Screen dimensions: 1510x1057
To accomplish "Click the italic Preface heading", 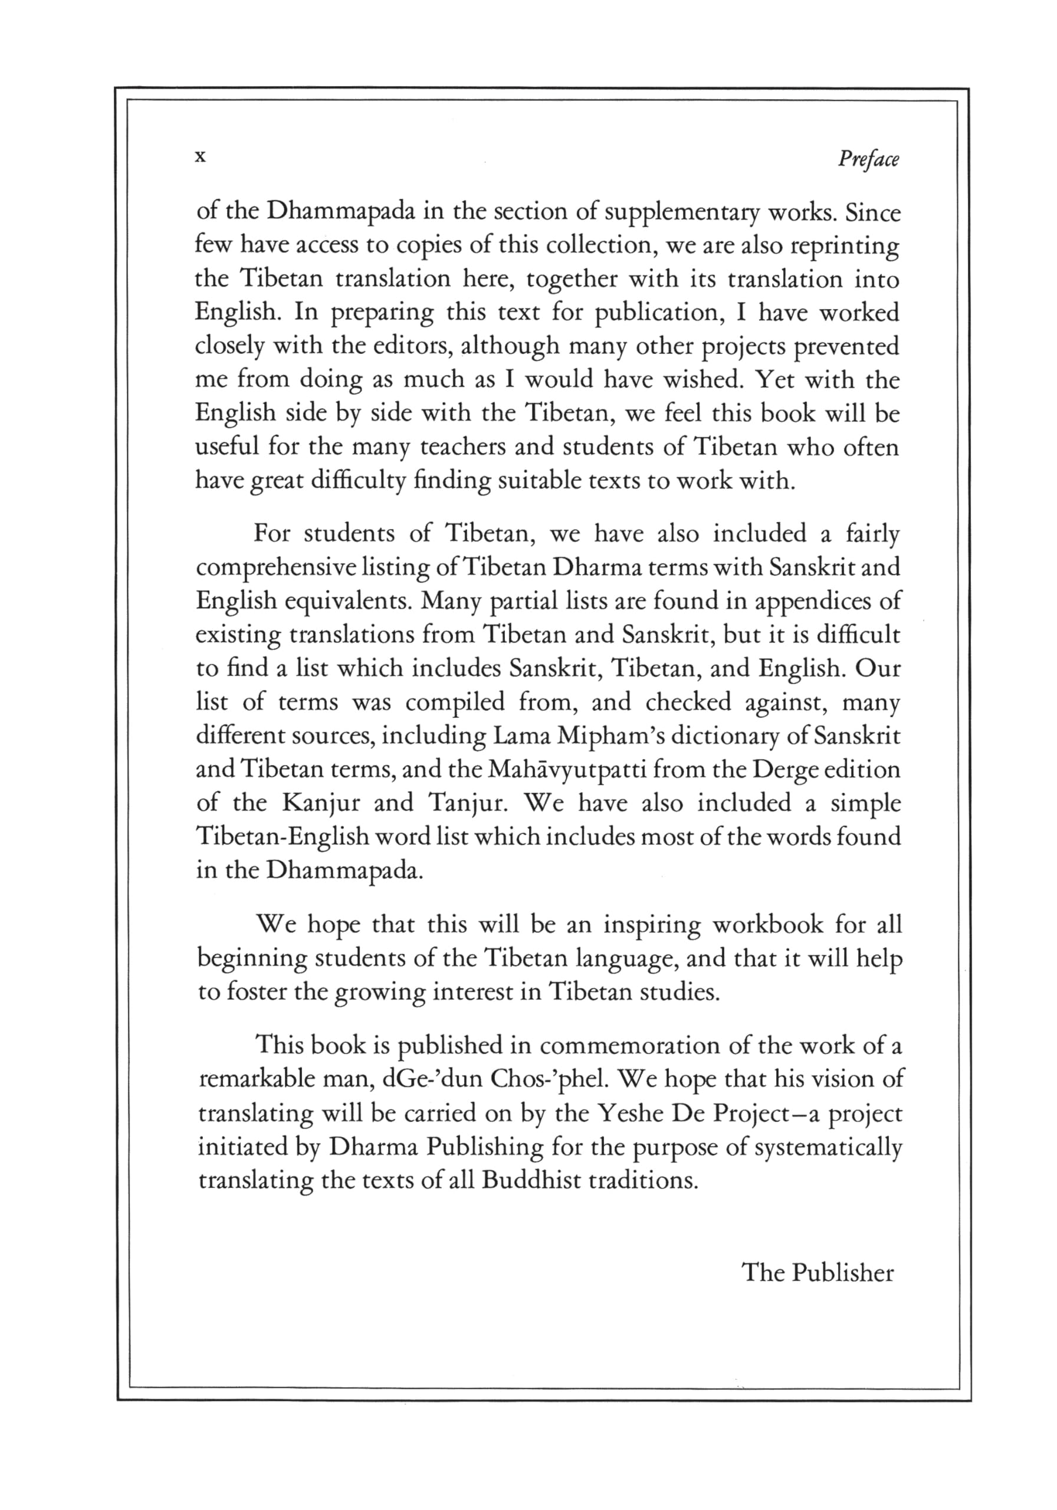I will pos(868,160).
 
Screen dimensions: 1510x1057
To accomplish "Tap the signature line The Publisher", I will pos(818,1272).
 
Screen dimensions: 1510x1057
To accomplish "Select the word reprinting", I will pos(844,247).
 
